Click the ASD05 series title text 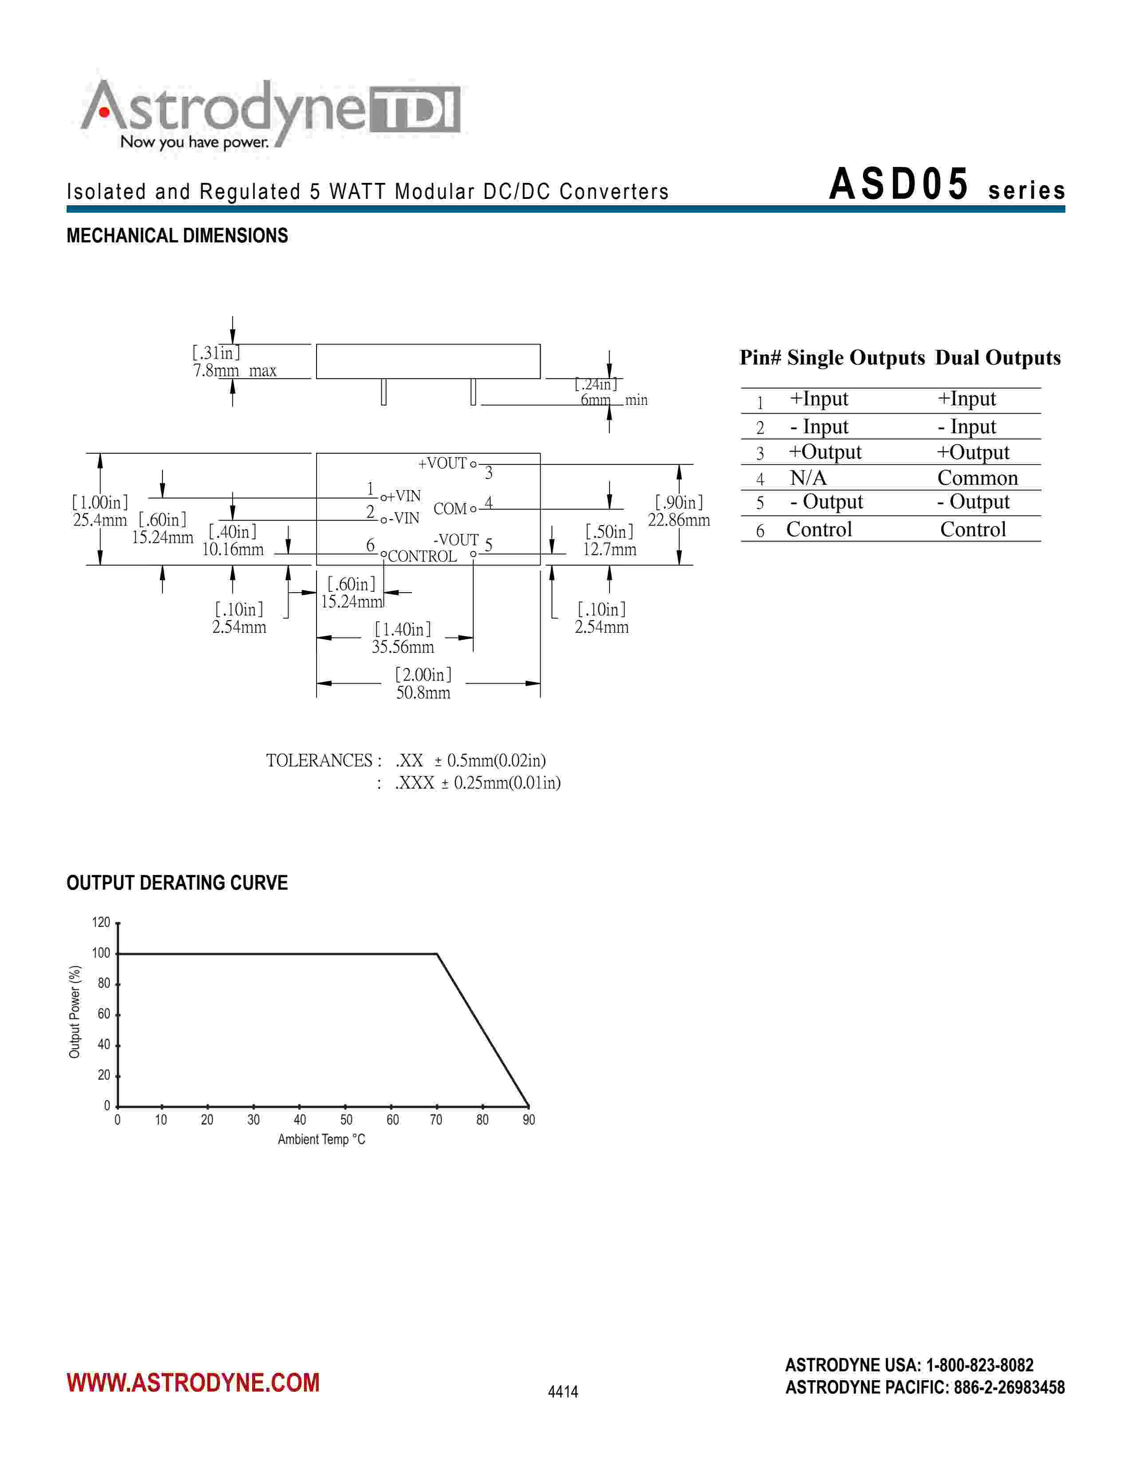click(946, 185)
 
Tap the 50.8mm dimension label click(423, 693)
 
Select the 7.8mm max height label click(234, 371)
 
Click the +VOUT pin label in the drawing click(442, 463)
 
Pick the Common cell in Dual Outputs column click(977, 478)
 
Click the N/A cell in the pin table click(808, 478)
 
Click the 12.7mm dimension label click(609, 550)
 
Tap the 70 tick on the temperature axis click(436, 1120)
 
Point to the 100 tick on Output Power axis click(101, 953)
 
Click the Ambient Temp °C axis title click(321, 1139)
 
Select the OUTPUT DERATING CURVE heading click(177, 883)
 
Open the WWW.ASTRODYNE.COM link click(193, 1382)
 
